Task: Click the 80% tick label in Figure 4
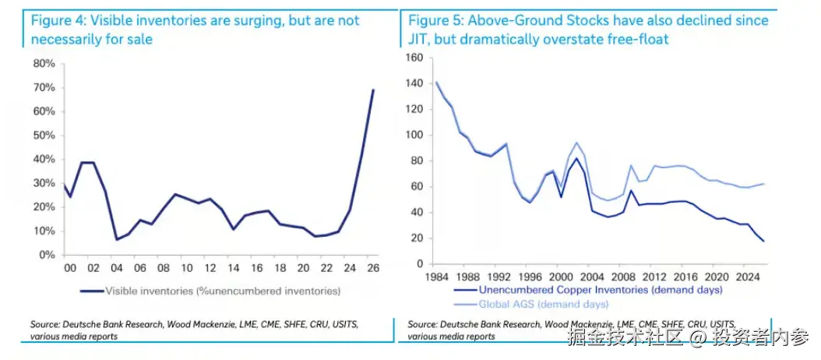coord(44,64)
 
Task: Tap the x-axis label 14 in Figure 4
coord(234,268)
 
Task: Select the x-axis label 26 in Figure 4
coord(373,268)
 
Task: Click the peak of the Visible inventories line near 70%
coord(373,90)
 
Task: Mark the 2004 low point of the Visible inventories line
coord(116,239)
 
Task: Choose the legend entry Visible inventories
coord(210,291)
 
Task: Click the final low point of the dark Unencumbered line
coord(763,241)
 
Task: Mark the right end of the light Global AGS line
coord(763,183)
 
